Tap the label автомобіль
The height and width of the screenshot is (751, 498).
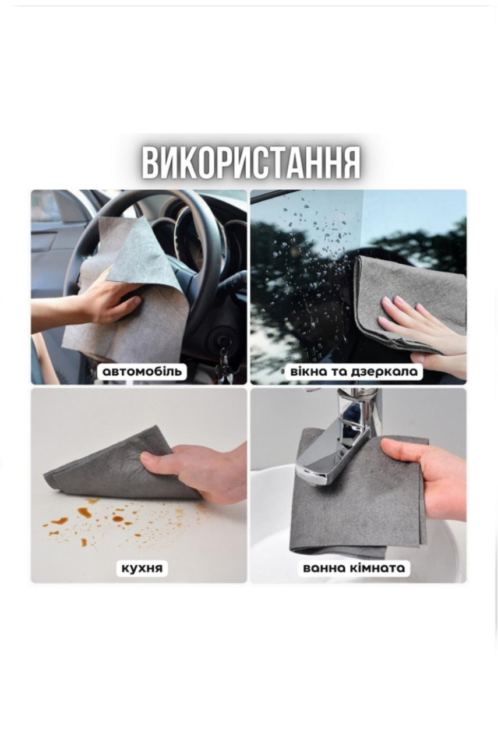142,371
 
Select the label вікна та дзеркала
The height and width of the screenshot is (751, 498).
354,371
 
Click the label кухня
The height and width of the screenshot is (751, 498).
142,568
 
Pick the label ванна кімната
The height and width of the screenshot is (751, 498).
354,568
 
